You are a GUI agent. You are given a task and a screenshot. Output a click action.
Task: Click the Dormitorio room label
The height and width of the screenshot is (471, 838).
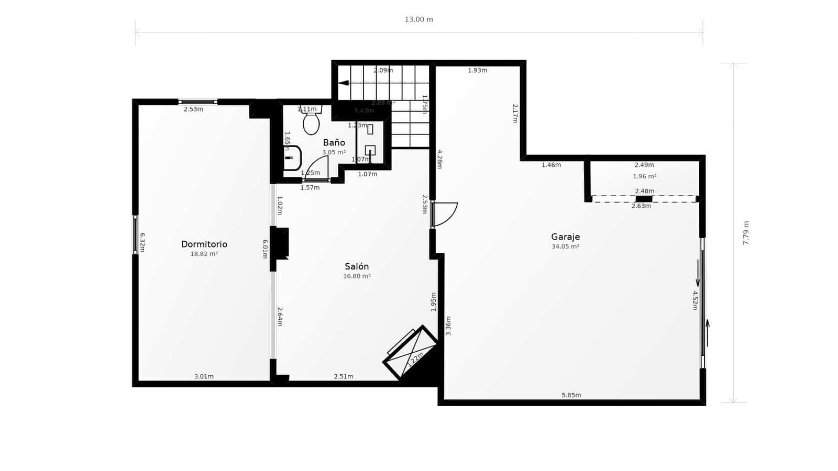click(204, 244)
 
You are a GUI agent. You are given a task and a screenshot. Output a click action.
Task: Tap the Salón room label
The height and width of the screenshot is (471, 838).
click(357, 266)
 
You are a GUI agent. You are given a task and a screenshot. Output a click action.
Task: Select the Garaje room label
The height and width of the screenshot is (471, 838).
click(565, 237)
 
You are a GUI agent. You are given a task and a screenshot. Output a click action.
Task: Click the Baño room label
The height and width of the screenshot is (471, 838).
click(334, 142)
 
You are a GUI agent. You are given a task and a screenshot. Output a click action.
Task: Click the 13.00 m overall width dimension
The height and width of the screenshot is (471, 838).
click(418, 20)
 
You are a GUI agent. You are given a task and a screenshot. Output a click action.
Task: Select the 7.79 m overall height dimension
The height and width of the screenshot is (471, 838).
click(746, 233)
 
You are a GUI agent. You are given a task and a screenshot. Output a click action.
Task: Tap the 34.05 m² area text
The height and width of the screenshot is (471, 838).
click(565, 246)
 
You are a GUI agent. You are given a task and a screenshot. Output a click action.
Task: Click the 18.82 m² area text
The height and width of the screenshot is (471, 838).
click(204, 254)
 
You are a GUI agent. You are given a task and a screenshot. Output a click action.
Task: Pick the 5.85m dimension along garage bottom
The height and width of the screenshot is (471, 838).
click(571, 395)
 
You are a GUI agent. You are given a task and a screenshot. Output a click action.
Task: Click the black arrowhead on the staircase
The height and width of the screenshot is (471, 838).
click(344, 83)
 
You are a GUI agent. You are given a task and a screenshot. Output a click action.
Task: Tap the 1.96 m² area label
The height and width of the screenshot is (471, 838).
click(644, 176)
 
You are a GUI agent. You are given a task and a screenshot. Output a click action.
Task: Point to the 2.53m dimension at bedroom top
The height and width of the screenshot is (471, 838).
click(193, 109)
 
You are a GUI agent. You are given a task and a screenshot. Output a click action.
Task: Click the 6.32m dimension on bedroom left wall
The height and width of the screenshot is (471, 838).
click(142, 242)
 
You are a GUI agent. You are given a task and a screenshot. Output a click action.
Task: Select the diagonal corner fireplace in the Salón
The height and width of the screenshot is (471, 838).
click(412, 352)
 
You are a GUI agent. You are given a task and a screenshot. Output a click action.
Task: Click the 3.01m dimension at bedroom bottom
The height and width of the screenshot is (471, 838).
click(204, 376)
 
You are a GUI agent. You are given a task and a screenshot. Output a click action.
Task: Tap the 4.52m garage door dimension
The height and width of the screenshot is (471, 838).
click(695, 300)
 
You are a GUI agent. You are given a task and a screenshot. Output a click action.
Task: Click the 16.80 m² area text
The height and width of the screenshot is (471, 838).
click(357, 276)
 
